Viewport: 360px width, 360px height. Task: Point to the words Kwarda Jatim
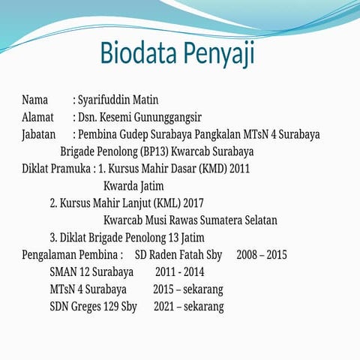[133, 186]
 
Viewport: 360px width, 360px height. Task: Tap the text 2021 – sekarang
[188, 307]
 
